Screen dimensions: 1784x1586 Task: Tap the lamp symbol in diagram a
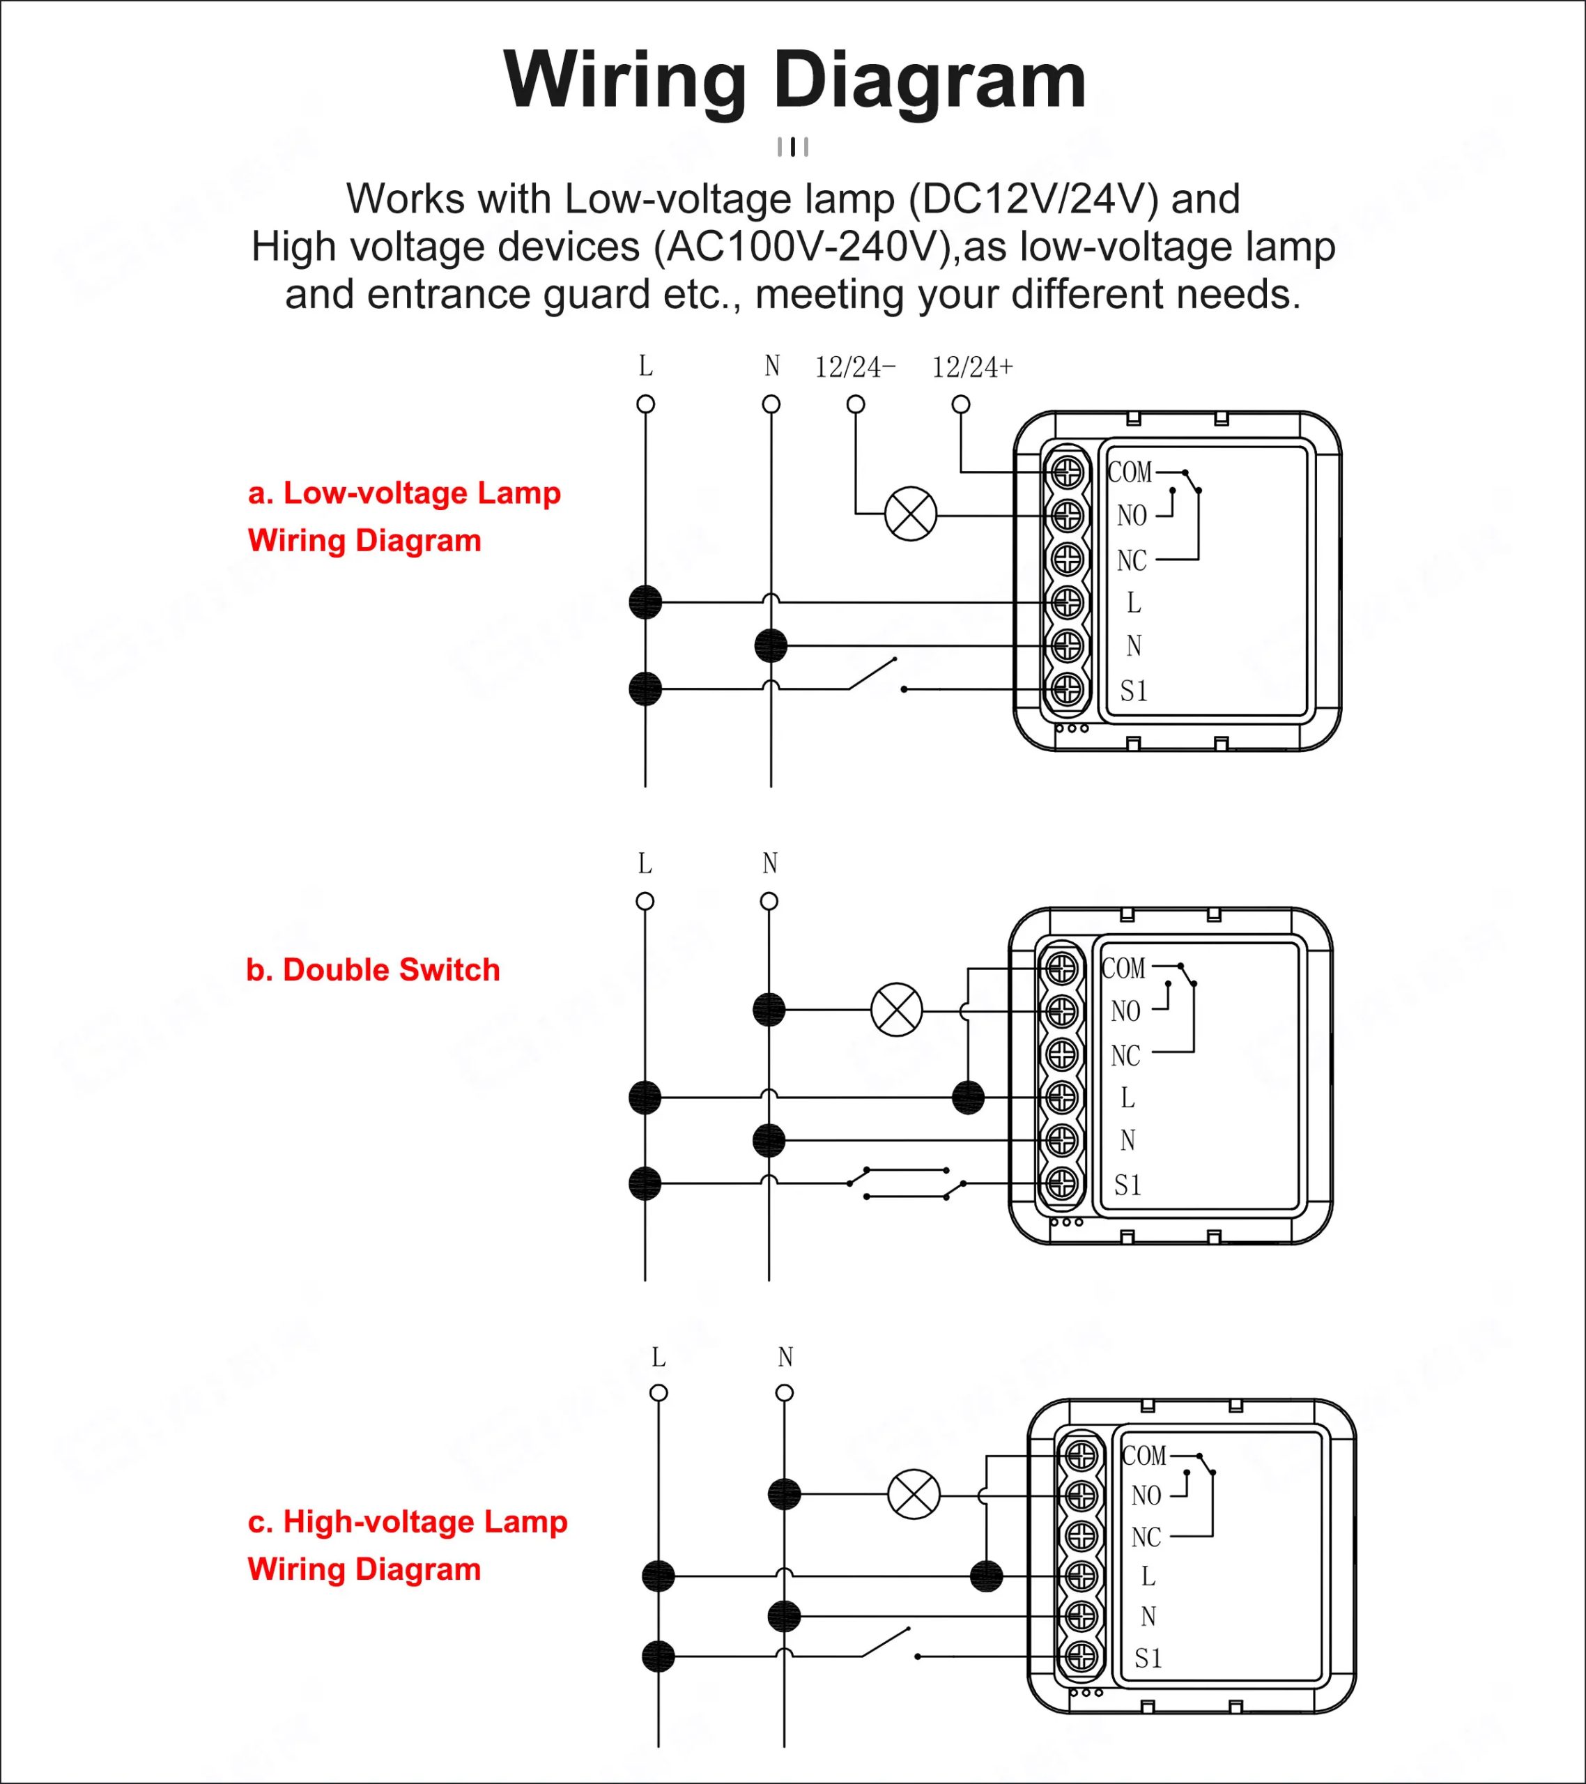coord(910,515)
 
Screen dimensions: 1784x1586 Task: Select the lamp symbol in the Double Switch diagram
coord(896,1010)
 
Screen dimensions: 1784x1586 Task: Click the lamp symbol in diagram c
coord(914,1495)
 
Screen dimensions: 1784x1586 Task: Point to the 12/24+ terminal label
coord(972,367)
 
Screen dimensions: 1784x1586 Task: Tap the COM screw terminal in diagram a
coord(1068,473)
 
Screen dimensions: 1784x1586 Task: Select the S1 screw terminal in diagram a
coord(1068,689)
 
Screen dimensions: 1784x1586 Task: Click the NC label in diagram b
coord(1125,1056)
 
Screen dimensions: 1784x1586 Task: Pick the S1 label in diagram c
coord(1148,1659)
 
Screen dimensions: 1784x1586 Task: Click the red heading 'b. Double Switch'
coord(373,969)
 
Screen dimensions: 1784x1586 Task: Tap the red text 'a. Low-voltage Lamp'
coord(404,493)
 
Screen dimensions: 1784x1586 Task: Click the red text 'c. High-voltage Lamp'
coord(408,1522)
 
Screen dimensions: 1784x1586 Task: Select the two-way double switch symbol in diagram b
coord(906,1183)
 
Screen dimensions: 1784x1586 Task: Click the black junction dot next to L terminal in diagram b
coord(968,1097)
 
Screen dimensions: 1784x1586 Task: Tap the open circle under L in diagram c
coord(659,1393)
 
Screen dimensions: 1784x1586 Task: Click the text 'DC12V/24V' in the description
coord(1033,199)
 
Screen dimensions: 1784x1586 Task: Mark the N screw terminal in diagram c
coord(1081,1617)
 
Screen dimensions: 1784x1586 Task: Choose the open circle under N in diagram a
coord(771,404)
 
